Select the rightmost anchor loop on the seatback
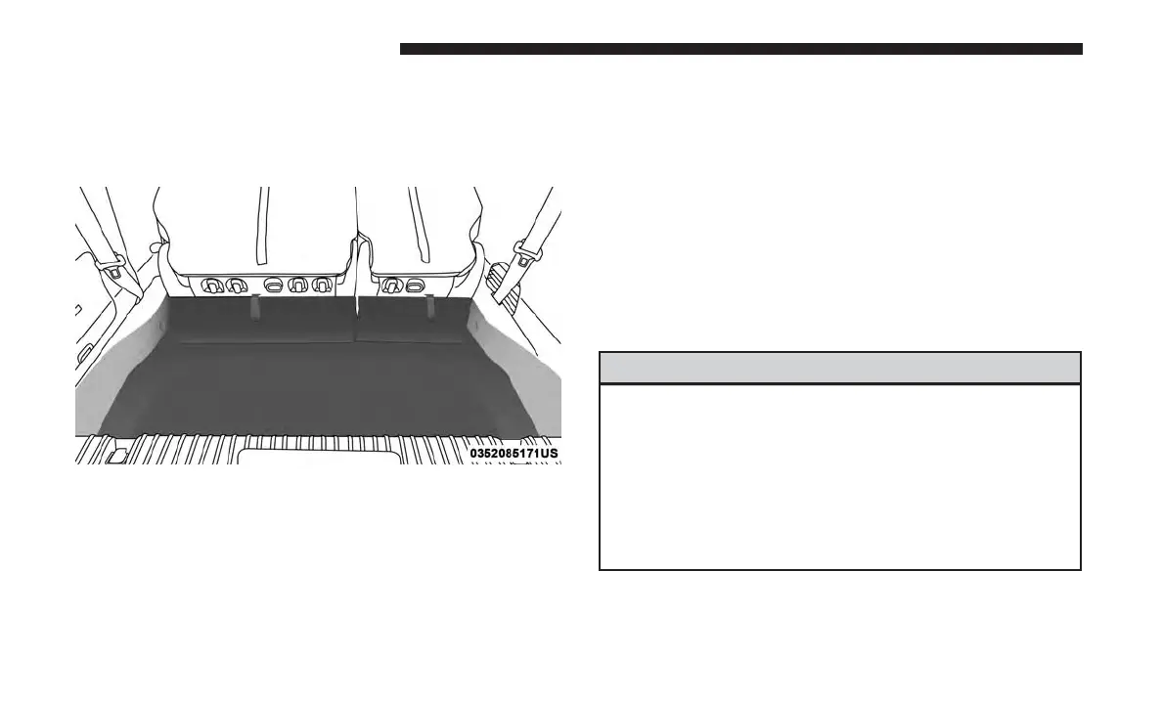[415, 286]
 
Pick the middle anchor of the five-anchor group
[275, 286]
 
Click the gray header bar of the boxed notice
[839, 368]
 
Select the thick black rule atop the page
[741, 49]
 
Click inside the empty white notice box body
[839, 476]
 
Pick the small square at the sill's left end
[116, 455]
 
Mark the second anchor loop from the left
[234, 286]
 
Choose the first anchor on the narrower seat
[393, 286]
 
